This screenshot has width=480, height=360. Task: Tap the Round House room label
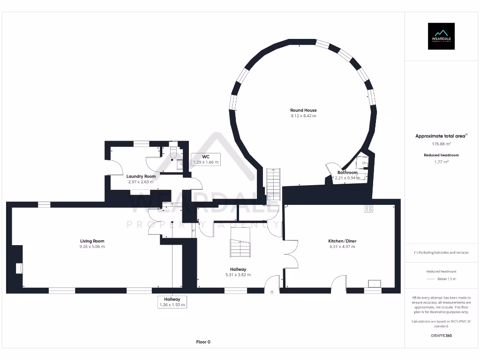coord(303,110)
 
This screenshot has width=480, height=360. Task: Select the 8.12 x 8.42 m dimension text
coord(303,116)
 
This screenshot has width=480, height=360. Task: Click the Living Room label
coord(92,241)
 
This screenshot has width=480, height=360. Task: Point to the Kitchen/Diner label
coord(342,241)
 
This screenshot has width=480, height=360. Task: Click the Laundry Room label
coord(141,176)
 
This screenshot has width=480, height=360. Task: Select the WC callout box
coord(206,159)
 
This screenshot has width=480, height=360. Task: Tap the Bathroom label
coord(347,172)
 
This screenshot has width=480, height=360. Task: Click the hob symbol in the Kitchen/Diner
coord(368,209)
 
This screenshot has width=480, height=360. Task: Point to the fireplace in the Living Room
coord(19,268)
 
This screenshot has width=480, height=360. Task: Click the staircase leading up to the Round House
coord(273,184)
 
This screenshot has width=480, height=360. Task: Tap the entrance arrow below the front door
coord(272,292)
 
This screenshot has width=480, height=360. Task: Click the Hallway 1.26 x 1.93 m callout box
coord(172,302)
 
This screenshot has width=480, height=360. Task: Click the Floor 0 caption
coord(203,342)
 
